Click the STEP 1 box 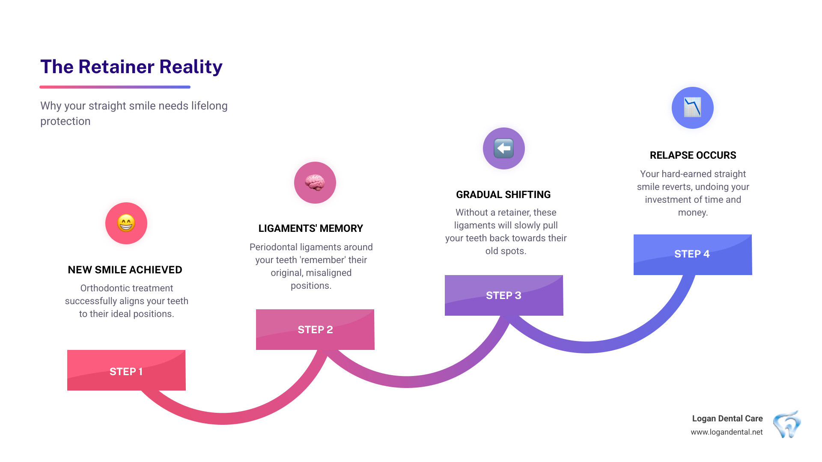click(126, 370)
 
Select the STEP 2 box click(315, 329)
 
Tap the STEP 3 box click(504, 295)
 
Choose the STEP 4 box click(692, 254)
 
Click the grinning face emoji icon click(126, 223)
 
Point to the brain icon click(315, 183)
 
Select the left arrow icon click(503, 148)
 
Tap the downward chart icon click(692, 107)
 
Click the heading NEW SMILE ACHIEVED click(125, 270)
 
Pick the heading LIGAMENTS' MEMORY click(311, 228)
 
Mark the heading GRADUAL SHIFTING click(503, 195)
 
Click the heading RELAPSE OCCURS click(693, 155)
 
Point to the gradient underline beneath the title click(115, 87)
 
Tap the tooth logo click(787, 424)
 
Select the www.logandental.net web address click(727, 432)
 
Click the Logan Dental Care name click(727, 418)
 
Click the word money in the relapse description click(692, 213)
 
